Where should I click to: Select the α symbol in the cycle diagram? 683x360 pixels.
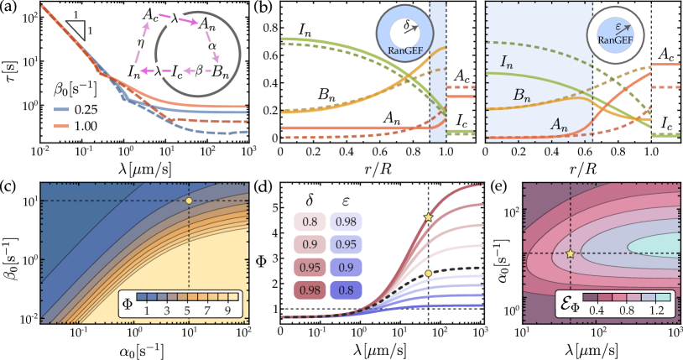(x=212, y=47)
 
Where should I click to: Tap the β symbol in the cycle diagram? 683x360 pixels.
(x=200, y=72)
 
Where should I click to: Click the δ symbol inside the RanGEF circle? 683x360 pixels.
(x=405, y=25)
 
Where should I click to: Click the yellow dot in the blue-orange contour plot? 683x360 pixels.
(x=189, y=201)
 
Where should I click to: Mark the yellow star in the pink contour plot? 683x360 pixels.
(x=570, y=253)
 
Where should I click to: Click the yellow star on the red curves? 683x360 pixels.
(x=428, y=217)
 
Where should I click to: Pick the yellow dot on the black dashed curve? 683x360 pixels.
(x=428, y=273)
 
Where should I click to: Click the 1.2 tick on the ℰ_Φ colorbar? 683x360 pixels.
(x=657, y=310)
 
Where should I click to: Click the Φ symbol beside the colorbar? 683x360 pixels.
(x=128, y=302)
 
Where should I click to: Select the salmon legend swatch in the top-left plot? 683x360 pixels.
(x=61, y=127)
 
